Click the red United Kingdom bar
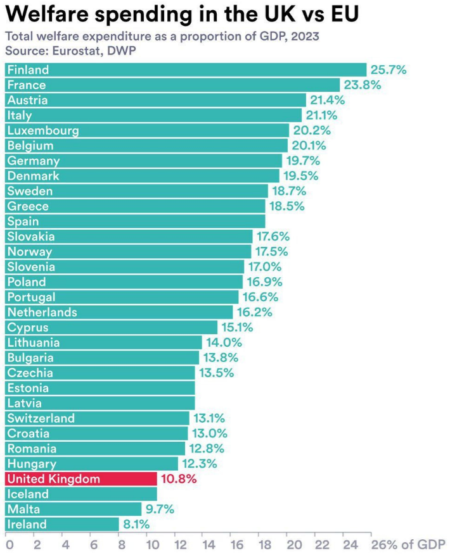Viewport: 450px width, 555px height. pos(80,479)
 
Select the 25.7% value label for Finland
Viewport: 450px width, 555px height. pos(388,70)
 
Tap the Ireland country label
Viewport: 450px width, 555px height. pos(27,524)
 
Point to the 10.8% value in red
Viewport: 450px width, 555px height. pos(179,479)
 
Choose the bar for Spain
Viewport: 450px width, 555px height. pos(135,221)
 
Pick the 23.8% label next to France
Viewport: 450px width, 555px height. pos(362,85)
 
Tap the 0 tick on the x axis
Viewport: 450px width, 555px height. pos(8,544)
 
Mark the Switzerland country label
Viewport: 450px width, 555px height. pos(41,418)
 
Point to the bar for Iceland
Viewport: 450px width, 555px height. pos(80,494)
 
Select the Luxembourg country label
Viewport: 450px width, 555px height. pos(44,130)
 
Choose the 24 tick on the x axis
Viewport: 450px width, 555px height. pos(347,544)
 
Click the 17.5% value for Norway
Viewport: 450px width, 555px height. pos(271,252)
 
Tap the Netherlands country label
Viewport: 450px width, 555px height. pos(42,312)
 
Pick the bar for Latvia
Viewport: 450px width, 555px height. pos(100,403)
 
